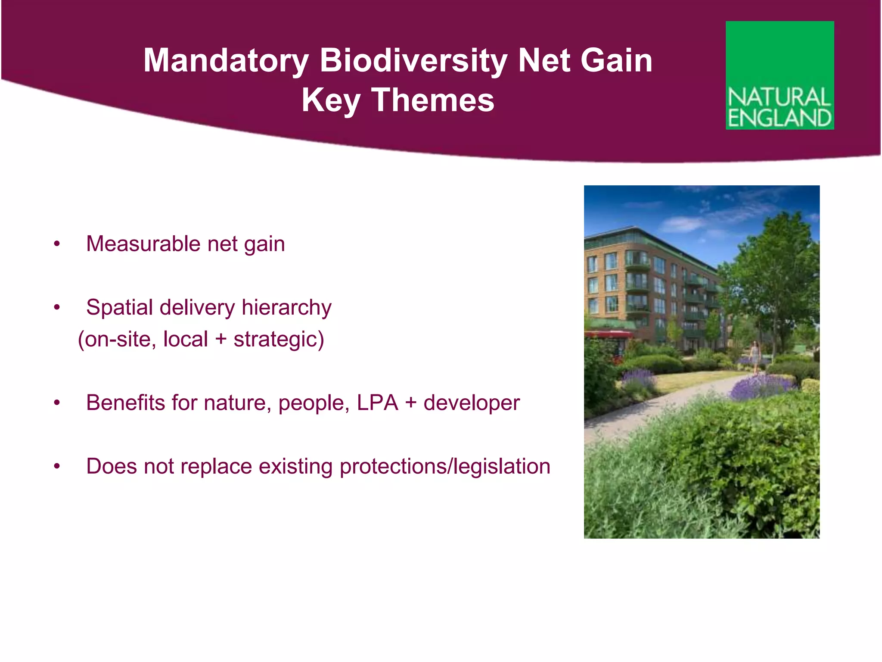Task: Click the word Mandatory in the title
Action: point(226,61)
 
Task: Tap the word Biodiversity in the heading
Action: point(413,61)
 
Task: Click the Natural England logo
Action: point(780,75)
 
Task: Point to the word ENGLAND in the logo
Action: point(780,118)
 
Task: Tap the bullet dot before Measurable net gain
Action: point(57,244)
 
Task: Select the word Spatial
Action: point(119,308)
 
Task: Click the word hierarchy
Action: point(286,308)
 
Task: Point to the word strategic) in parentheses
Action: point(279,340)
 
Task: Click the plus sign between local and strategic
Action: point(221,340)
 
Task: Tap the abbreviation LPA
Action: point(377,403)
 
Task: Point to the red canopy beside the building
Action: point(607,334)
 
